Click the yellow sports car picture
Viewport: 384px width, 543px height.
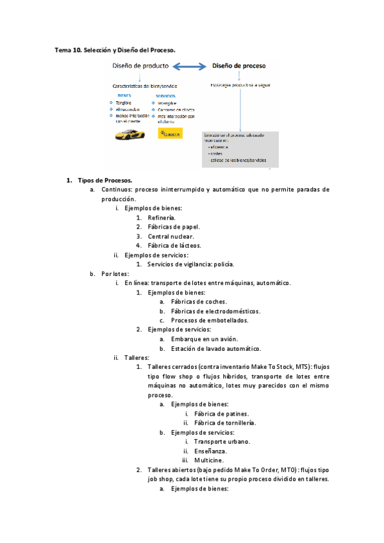(x=129, y=134)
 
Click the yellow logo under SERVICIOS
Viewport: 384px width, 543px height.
(x=170, y=134)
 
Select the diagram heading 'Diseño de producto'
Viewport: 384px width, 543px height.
(x=140, y=66)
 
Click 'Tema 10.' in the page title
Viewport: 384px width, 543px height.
(x=69, y=49)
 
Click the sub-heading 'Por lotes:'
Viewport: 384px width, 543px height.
(x=115, y=273)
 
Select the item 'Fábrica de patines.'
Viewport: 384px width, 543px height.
(x=221, y=414)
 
